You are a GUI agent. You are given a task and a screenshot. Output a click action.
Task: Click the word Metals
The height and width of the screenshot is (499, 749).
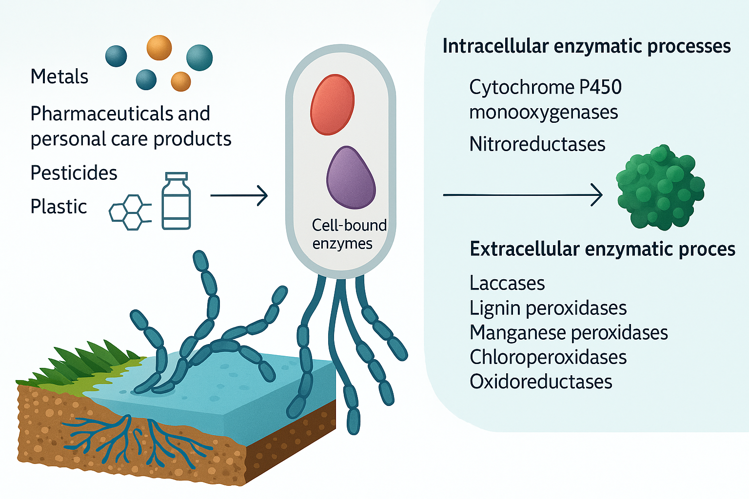click(x=59, y=77)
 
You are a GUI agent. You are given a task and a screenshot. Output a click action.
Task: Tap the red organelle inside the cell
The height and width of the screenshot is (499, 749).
click(x=333, y=104)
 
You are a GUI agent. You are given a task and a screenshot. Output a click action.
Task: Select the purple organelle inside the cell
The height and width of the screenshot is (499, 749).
click(x=351, y=178)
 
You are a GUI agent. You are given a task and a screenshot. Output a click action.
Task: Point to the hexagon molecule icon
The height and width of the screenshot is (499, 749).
click(x=128, y=212)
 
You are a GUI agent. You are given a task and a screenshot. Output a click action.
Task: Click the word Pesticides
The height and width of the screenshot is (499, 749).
click(x=74, y=173)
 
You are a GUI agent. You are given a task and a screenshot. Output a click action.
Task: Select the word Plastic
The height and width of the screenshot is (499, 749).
click(x=59, y=207)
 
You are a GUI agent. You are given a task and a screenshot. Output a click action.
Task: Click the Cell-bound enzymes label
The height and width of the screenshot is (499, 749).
click(x=348, y=234)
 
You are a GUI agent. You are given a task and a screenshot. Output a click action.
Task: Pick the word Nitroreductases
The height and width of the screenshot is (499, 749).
click(x=537, y=144)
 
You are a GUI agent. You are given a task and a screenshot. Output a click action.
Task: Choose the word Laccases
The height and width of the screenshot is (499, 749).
click(x=507, y=283)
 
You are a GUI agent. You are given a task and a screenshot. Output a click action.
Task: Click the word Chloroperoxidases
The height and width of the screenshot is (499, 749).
click(x=548, y=357)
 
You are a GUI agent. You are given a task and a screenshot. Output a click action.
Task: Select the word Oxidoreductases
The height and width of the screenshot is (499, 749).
click(x=541, y=382)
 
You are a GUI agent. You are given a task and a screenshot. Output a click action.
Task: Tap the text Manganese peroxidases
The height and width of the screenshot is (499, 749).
click(x=569, y=333)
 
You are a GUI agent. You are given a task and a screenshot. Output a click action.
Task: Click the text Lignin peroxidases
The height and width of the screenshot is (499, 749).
click(x=548, y=308)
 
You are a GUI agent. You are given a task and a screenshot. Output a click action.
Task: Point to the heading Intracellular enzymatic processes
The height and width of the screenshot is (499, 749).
click(x=586, y=46)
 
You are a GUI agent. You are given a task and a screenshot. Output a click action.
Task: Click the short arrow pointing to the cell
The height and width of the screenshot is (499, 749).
click(x=239, y=196)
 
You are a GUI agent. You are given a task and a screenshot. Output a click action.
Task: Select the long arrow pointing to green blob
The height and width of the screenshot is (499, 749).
click(x=522, y=195)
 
